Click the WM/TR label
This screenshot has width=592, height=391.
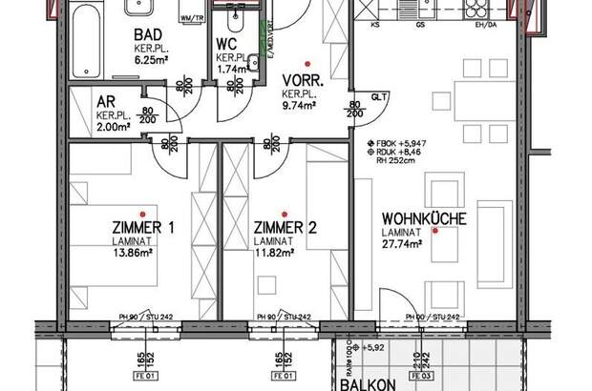click(x=193, y=17)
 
